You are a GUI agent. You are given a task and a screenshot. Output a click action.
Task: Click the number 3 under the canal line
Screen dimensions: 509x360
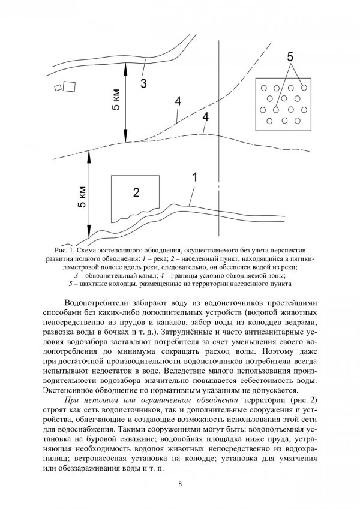pos(143,83)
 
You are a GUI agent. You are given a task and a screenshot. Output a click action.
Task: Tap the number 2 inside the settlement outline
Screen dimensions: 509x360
pos(136,192)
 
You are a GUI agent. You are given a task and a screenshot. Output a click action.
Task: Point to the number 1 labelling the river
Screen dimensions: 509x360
pos(194,177)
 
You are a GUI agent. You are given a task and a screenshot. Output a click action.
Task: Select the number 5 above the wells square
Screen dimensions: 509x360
pos(290,58)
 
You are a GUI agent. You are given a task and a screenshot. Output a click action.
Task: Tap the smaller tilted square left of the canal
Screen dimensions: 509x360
pos(58,88)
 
